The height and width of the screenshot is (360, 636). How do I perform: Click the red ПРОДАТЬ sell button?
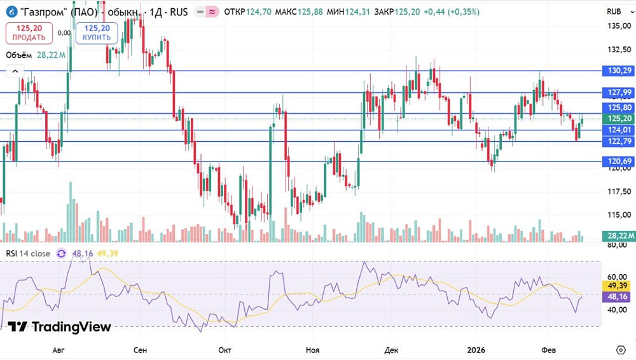[25, 32]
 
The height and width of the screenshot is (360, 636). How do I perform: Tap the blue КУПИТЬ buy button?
[96, 32]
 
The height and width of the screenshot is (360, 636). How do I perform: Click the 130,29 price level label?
[618, 70]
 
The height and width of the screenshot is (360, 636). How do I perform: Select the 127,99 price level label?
[618, 93]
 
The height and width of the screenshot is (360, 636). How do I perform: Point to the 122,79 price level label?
[618, 141]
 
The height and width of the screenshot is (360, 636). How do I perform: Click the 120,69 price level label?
[618, 162]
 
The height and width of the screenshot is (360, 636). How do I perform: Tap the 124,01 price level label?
[618, 130]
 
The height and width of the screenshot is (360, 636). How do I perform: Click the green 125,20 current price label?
[618, 118]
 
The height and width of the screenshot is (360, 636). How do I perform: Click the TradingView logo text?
[60, 327]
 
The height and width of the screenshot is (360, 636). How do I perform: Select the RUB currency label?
[614, 11]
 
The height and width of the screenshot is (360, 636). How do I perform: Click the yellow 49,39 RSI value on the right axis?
[618, 286]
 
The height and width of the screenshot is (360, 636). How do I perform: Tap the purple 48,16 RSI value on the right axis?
[618, 296]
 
